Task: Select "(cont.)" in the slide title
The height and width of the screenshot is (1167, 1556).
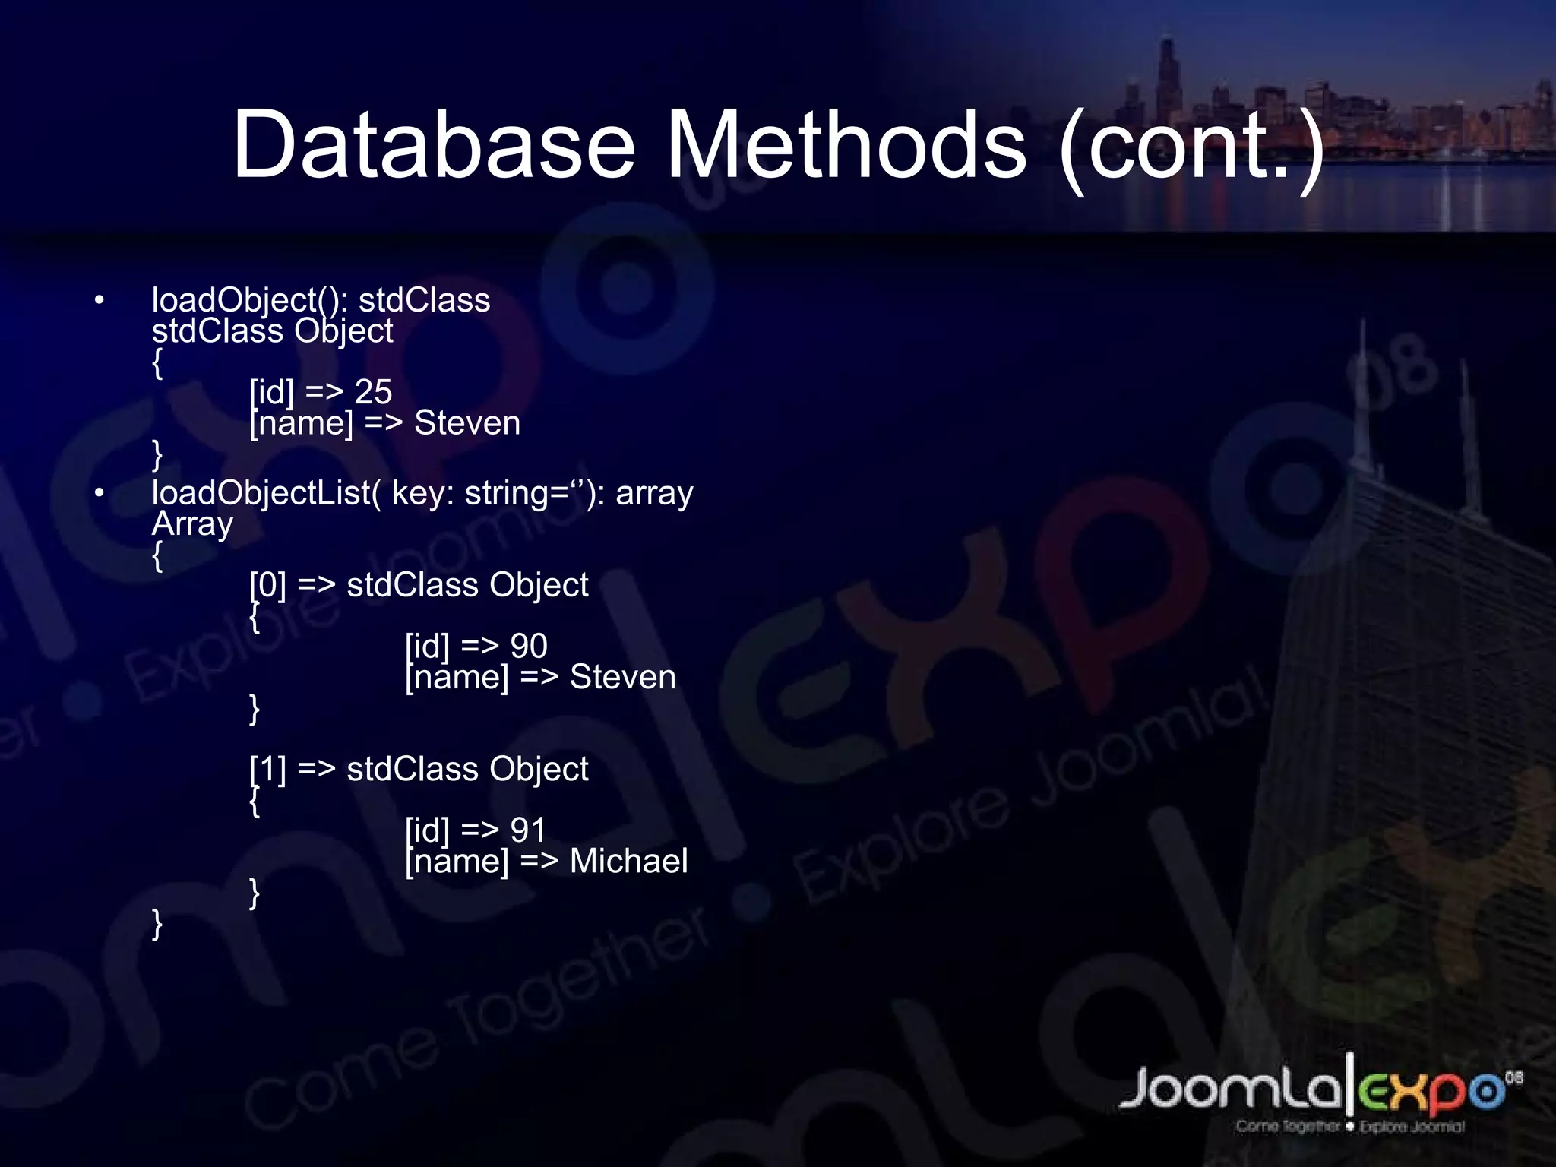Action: click(1191, 148)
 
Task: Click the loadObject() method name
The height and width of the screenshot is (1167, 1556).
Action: click(251, 301)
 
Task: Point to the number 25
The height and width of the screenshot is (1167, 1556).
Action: click(373, 392)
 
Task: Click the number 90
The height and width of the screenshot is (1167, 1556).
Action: click(529, 647)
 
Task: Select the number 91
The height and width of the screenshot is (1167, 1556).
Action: click(528, 830)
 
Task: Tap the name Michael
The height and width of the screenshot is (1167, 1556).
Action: click(628, 862)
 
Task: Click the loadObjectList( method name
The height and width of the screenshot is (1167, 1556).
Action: click(266, 494)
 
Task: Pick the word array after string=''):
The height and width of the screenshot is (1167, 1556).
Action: click(654, 494)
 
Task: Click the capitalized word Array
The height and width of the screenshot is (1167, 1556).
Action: click(192, 524)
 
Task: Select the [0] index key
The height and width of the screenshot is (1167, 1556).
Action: click(268, 586)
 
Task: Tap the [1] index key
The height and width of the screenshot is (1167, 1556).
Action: click(268, 770)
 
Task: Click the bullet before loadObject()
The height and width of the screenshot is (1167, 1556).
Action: click(100, 301)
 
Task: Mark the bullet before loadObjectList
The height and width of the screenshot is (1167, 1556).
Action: click(100, 494)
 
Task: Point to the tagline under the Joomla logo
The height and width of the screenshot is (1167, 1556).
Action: click(1349, 1127)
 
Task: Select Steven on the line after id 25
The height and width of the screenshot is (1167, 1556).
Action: click(467, 423)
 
